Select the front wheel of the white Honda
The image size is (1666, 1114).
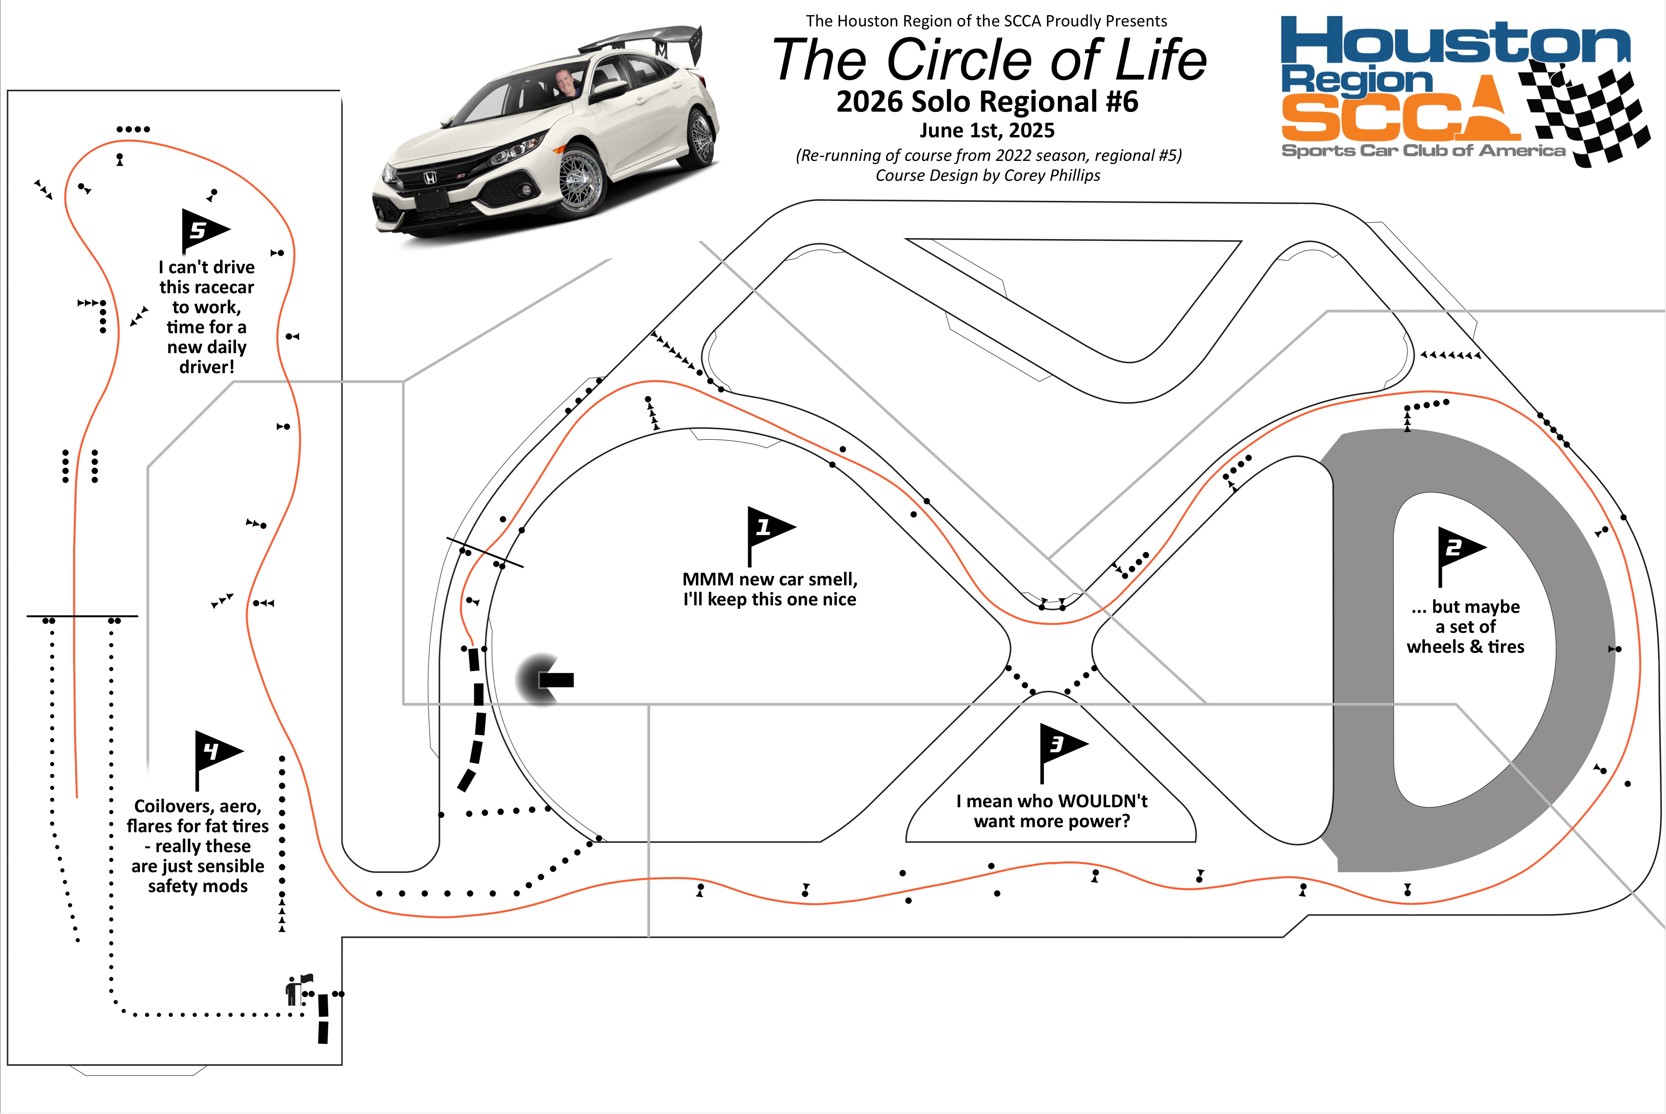coord(583,181)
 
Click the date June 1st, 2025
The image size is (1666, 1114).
coord(987,130)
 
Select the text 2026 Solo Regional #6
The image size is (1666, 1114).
coord(987,102)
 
